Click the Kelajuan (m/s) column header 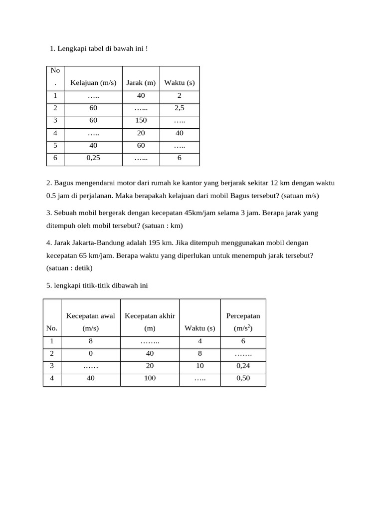[93, 82]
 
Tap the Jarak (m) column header [141, 82]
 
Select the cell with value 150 [141, 121]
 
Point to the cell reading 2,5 [180, 108]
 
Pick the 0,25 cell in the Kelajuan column [93, 158]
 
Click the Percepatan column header [243, 322]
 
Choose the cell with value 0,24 [243, 366]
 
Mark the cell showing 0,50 [243, 378]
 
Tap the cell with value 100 [150, 378]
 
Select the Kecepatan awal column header [90, 322]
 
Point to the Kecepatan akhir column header [150, 322]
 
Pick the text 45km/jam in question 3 [198, 213]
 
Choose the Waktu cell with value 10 [199, 366]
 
